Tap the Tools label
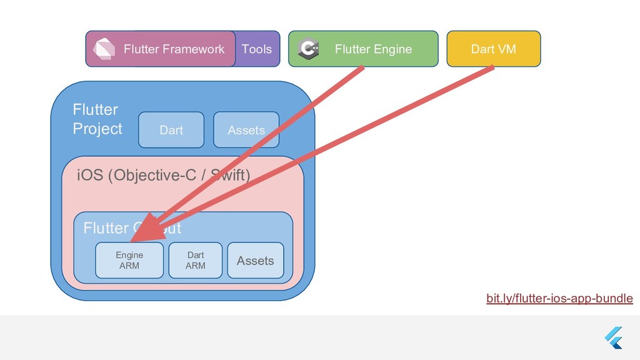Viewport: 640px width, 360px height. pyautogui.click(x=257, y=49)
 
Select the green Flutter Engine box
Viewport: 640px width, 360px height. pyautogui.click(x=363, y=49)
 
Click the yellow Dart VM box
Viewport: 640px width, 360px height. pyautogui.click(x=493, y=49)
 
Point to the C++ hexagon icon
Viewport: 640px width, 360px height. pyautogui.click(x=309, y=49)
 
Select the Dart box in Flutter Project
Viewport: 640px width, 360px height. pyautogui.click(x=171, y=130)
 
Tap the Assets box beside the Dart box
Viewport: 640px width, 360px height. pyautogui.click(x=246, y=130)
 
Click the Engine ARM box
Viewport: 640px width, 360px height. pyautogui.click(x=129, y=260)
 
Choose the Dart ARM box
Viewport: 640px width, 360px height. pyautogui.click(x=195, y=260)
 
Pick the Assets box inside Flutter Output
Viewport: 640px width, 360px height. pyautogui.click(x=255, y=260)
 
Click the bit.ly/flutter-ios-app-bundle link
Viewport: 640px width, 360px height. pyautogui.click(x=559, y=299)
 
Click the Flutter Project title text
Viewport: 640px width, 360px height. pyautogui.click(x=97, y=119)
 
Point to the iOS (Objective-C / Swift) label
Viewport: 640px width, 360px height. pyautogui.click(x=162, y=176)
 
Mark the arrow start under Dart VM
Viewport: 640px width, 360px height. pyautogui.click(x=492, y=68)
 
